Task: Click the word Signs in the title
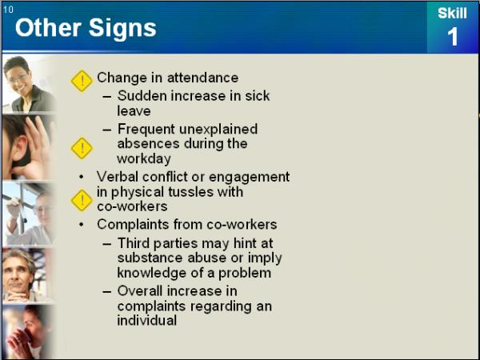122,28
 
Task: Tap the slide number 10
8,10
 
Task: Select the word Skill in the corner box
452,13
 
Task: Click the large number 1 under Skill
453,37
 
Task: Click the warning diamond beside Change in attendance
82,81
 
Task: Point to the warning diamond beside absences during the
82,148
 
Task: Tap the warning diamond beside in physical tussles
82,201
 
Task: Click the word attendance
202,78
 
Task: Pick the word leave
134,111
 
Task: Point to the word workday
144,159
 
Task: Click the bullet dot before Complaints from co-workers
81,224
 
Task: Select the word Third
134,243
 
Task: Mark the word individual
147,321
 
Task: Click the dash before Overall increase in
107,291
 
